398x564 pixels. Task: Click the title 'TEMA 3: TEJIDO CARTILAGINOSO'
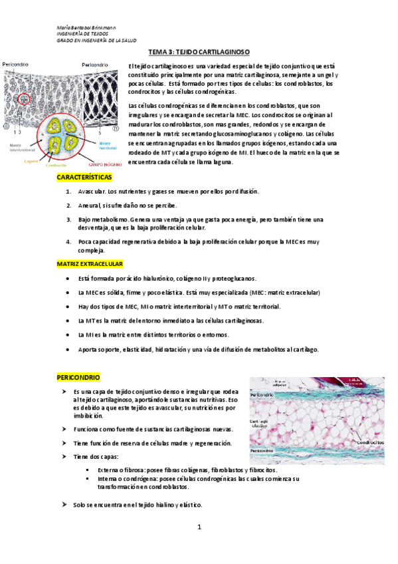pos(199,52)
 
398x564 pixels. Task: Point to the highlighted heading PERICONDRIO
pos(77,377)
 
